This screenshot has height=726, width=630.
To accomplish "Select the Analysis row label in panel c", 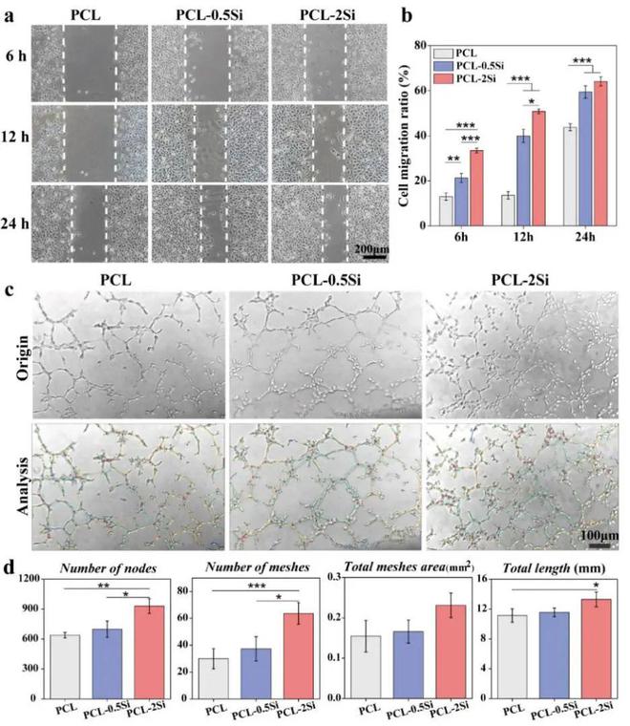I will click(19, 487).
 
